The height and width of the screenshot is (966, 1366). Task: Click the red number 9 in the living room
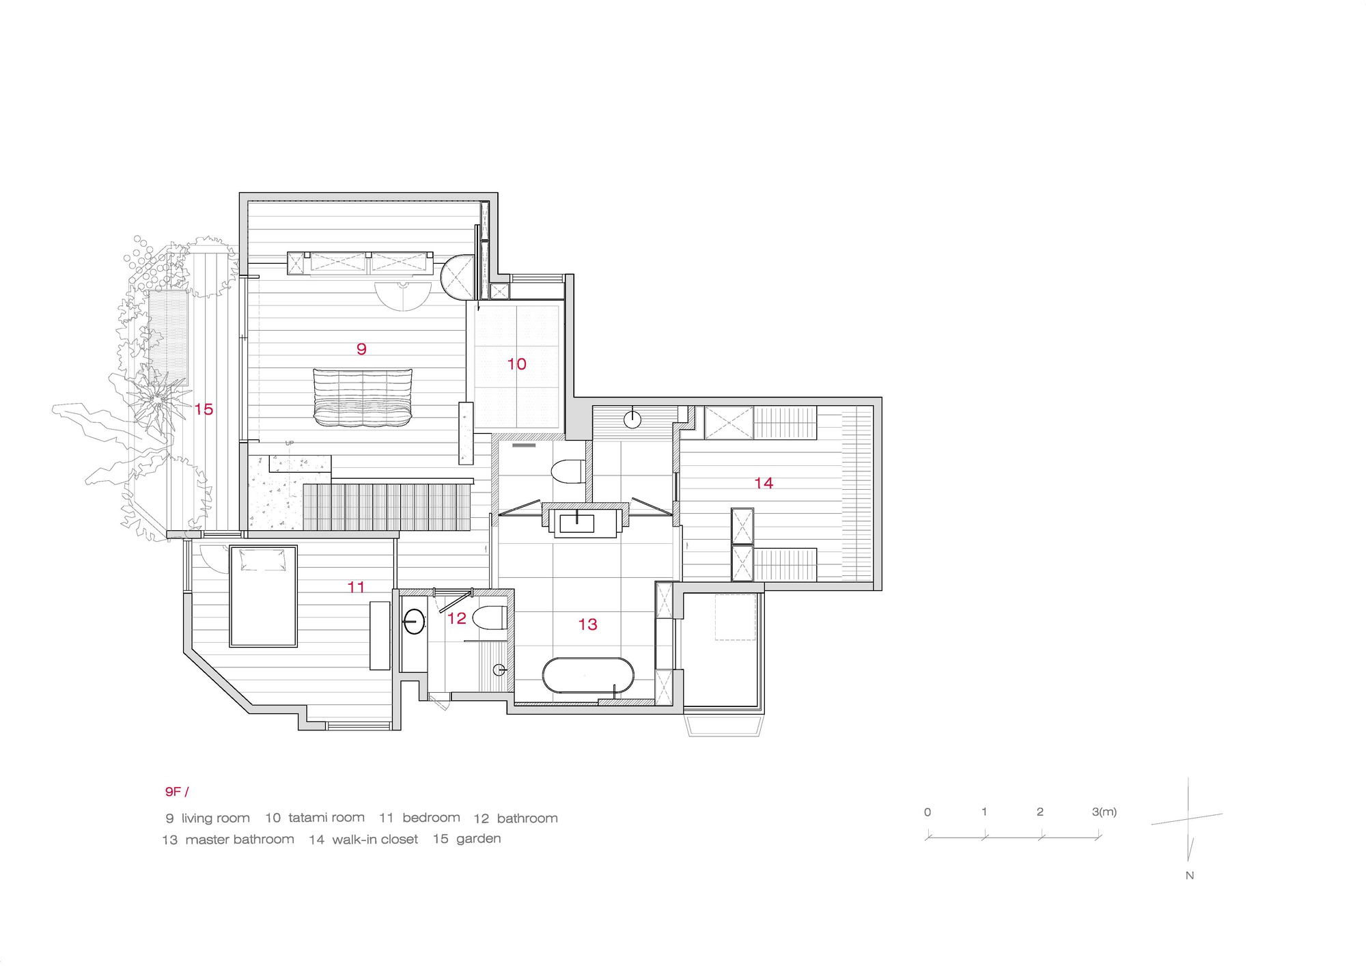pos(361,349)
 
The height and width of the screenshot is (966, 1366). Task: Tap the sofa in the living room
pos(363,397)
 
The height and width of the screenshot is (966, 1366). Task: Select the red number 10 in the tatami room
pos(516,364)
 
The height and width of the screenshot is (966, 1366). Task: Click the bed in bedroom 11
pos(263,596)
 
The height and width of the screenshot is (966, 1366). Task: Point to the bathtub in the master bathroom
pos(587,676)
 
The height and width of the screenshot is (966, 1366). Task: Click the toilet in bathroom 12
pos(490,617)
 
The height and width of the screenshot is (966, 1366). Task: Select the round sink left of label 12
pos(414,621)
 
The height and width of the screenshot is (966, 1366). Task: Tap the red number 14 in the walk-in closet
pos(763,483)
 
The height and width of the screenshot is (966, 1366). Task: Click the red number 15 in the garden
pos(204,409)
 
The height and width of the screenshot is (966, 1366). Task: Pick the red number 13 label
pos(587,624)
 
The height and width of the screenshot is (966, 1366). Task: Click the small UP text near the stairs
pos(290,443)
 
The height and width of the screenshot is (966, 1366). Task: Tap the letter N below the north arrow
pos(1190,875)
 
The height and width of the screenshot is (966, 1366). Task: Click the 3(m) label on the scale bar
pos(1104,812)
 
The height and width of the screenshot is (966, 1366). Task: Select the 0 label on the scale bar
pos(928,812)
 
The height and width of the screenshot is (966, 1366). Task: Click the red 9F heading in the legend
pos(176,792)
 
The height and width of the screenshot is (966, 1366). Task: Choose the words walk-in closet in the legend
pos(375,840)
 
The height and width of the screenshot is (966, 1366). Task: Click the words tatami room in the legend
pos(326,818)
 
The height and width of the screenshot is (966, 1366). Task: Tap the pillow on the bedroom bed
pos(262,561)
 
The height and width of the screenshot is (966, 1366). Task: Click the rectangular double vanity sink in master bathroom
pos(577,523)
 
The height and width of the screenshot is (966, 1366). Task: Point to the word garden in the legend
pos(478,839)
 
